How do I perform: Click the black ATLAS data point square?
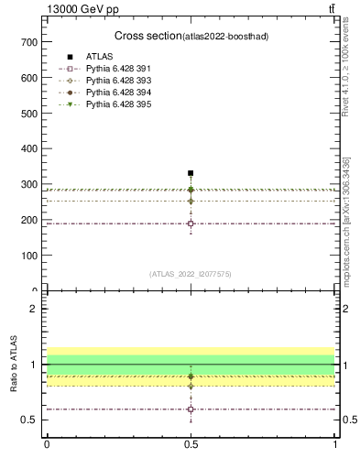coord(191,173)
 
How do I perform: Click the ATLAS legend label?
coord(100,57)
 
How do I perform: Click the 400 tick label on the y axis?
coord(27,148)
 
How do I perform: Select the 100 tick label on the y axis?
coord(27,256)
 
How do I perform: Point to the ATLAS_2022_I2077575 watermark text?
coord(191,273)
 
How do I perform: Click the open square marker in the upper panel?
coord(191,224)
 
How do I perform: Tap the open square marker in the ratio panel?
coord(191,409)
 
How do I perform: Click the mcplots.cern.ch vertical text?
coord(345,223)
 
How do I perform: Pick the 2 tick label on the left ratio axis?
coord(33,309)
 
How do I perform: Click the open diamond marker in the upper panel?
coord(191,201)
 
